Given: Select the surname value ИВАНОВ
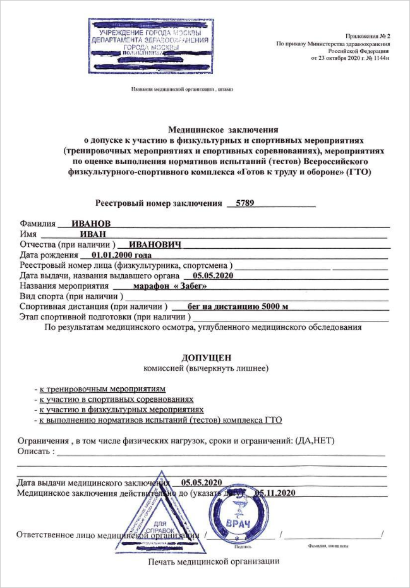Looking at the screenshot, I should pos(92,224).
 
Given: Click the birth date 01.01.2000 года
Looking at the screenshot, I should pos(121,255).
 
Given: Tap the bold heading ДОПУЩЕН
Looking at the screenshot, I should pos(207,357).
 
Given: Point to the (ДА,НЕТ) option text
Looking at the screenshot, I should pos(314,440).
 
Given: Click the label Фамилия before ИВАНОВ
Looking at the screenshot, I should pos(37,224).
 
